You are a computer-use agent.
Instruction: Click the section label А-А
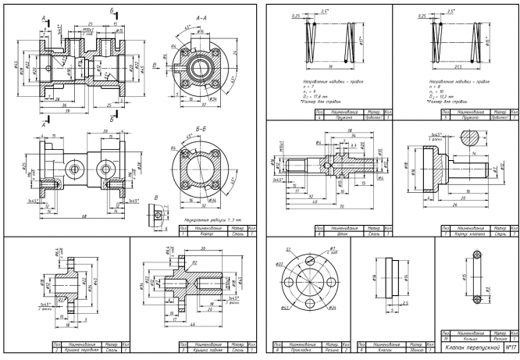click(201, 16)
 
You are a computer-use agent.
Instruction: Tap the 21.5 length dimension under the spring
click(447, 68)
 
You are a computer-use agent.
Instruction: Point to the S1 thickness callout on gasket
click(287, 249)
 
